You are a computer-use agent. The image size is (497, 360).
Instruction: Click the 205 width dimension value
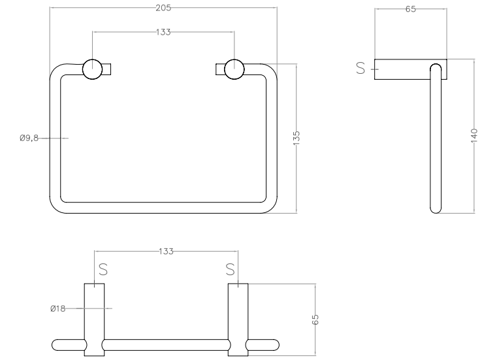(163, 8)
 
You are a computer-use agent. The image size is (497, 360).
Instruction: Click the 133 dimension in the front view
(163, 32)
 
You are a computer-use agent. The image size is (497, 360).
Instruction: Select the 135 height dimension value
(297, 138)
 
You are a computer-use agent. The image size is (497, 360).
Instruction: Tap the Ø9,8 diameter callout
(29, 138)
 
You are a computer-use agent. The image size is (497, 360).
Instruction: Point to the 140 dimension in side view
(474, 135)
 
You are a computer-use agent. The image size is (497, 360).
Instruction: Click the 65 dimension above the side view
(411, 9)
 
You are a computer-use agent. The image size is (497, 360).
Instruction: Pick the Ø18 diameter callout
(57, 308)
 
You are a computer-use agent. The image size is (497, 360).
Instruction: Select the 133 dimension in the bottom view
(166, 252)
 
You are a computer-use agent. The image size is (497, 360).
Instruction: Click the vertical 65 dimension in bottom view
(315, 319)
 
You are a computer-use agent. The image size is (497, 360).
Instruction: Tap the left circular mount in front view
(93, 69)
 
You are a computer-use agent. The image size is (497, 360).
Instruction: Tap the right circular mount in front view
(234, 69)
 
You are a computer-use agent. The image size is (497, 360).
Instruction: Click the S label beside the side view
(361, 68)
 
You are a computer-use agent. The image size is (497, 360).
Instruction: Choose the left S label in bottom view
(103, 269)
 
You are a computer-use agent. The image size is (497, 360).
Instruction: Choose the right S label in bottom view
(231, 269)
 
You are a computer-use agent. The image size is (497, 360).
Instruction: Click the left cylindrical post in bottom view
(94, 319)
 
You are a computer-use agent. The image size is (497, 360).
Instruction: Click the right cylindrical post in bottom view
(238, 319)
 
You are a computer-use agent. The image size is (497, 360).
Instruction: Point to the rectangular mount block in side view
(411, 69)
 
